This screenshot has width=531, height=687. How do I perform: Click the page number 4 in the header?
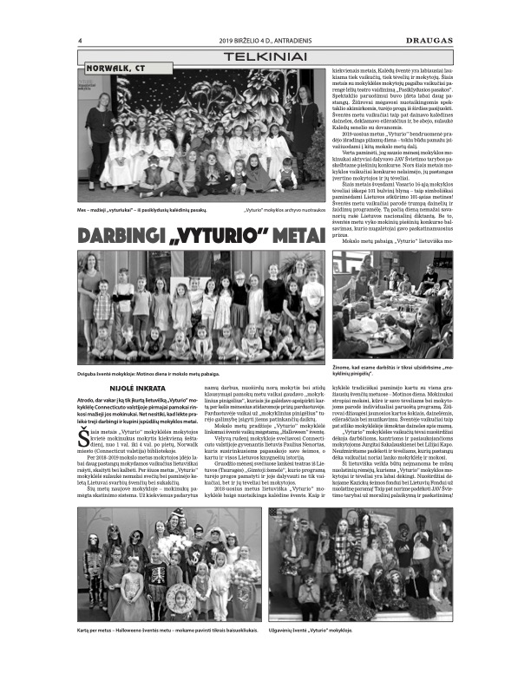click(x=80, y=40)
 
